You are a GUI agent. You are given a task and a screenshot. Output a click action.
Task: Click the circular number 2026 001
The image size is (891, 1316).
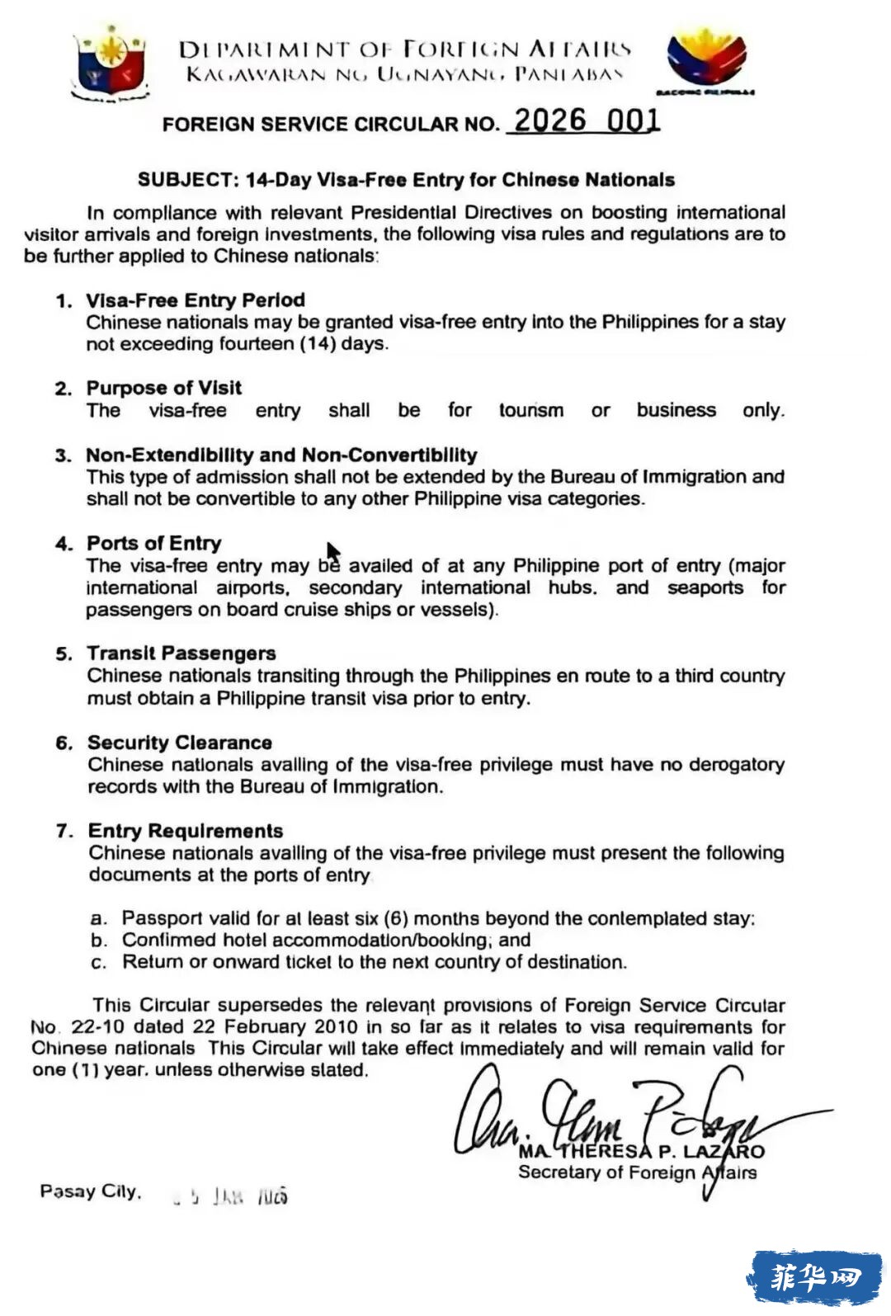point(587,120)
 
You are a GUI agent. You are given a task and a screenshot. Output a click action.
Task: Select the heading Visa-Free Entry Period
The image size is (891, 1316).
point(196,300)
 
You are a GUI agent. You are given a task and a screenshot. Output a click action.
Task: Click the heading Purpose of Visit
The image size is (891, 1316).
point(163,388)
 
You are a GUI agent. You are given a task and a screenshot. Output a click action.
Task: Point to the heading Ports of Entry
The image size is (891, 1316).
point(154,543)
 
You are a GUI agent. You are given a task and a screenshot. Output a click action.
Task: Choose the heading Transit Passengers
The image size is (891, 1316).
point(181,653)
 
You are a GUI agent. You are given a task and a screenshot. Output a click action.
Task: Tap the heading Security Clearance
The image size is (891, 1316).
point(180,743)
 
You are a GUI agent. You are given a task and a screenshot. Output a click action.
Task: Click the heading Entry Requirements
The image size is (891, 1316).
point(186,831)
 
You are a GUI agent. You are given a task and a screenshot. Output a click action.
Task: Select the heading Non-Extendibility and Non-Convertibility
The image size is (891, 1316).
point(281,455)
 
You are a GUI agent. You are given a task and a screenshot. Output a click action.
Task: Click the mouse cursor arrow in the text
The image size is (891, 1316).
point(332,551)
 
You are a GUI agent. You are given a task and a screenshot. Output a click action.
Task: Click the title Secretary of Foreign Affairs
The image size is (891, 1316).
point(637,1172)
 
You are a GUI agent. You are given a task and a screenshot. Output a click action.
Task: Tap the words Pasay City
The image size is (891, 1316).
point(91,1191)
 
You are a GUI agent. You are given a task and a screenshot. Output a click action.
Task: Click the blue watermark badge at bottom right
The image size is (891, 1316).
point(814,1278)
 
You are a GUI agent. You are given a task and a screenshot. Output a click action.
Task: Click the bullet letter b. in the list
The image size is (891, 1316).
point(99,941)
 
